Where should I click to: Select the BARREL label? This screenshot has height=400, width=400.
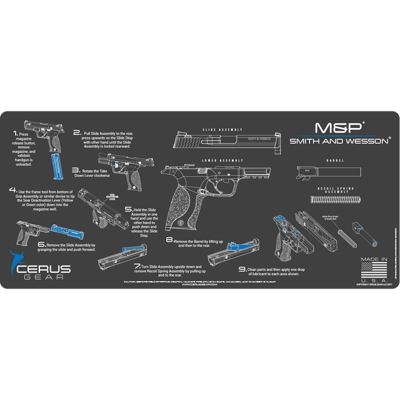[x=334, y=161]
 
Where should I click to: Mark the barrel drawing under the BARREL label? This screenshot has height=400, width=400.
[x=318, y=172]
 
